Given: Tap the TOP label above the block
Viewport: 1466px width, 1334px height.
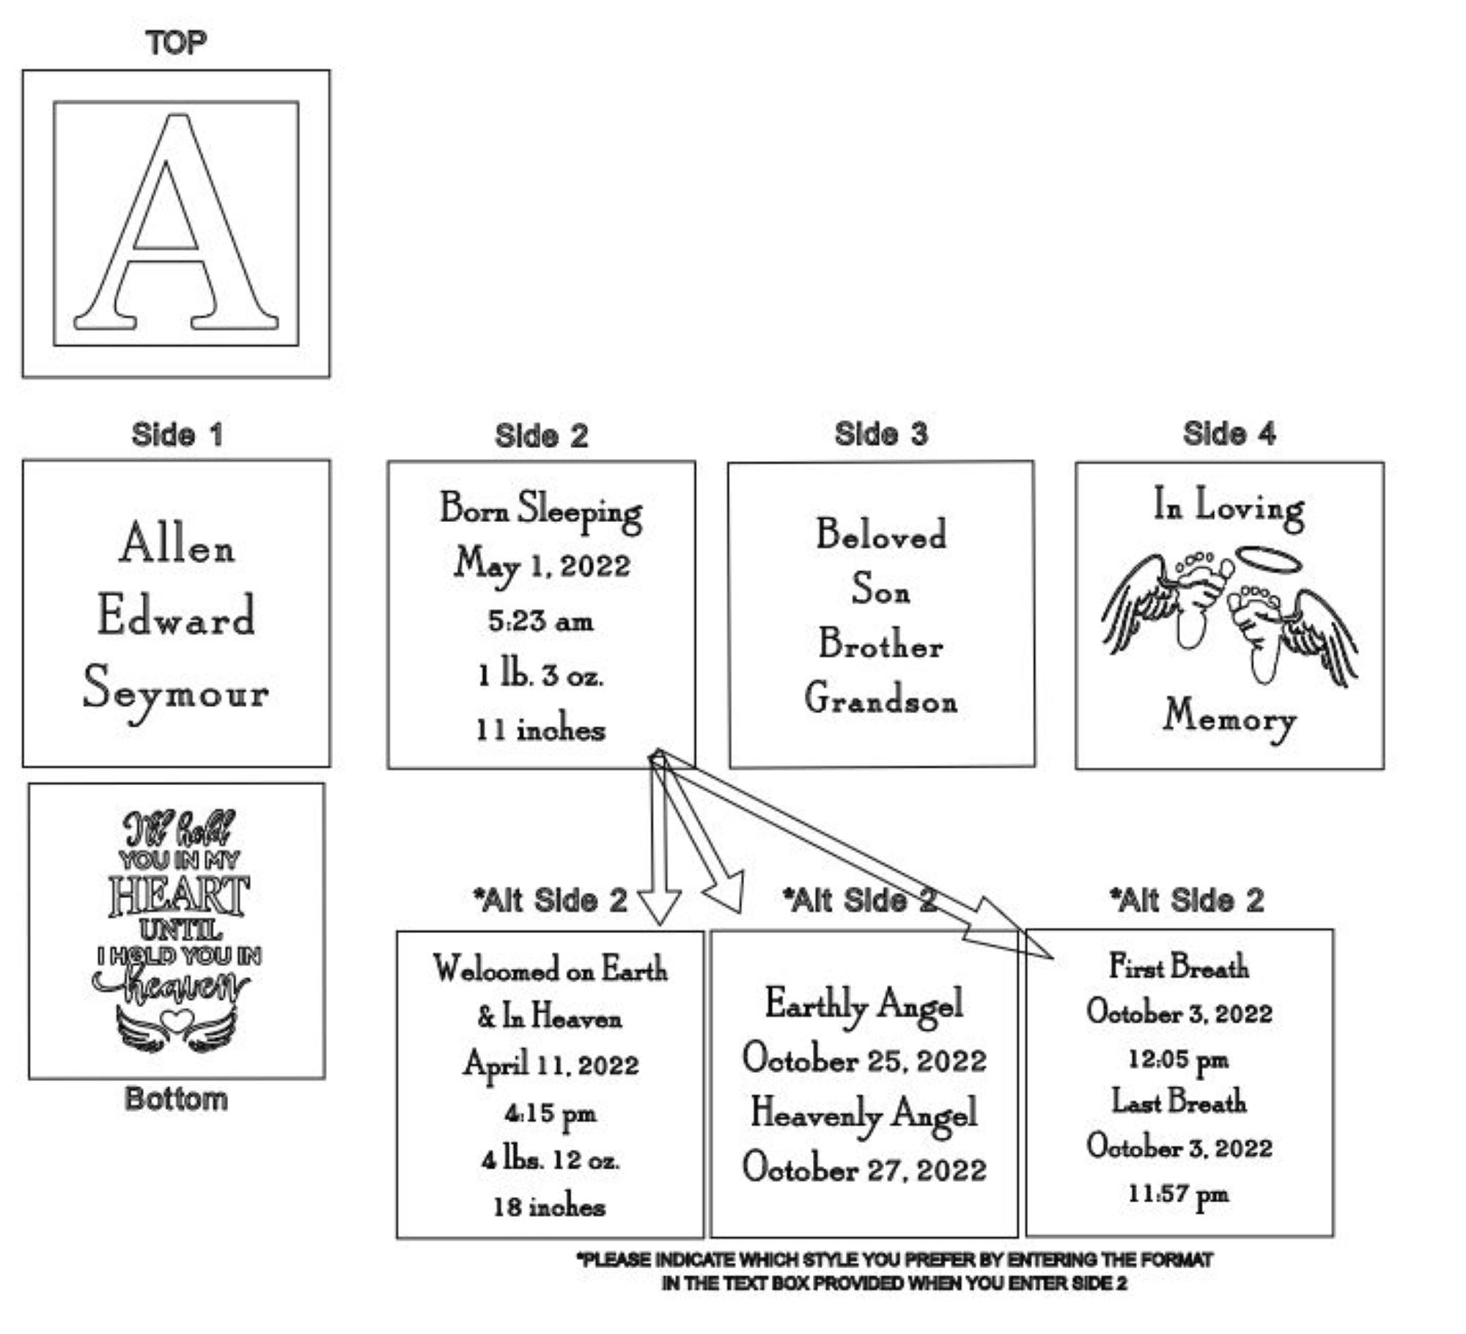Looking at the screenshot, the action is [176, 43].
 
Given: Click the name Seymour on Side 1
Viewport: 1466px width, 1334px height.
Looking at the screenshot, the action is [176, 692].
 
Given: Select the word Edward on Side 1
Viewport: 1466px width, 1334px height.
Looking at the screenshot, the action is [176, 616].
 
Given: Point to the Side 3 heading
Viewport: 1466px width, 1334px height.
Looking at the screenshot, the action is [881, 434].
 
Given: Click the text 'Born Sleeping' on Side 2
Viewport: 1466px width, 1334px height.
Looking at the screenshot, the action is [541, 510].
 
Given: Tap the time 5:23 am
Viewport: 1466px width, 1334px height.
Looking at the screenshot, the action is [541, 622].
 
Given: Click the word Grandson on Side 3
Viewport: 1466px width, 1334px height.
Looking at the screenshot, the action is [881, 699].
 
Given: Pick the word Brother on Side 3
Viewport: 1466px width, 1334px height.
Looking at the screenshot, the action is [881, 644].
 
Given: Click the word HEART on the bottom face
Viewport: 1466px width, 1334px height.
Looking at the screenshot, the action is [179, 896].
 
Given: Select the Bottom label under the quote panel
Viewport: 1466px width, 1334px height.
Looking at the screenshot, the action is [176, 1099].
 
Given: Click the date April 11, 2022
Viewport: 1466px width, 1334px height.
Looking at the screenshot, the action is [550, 1065].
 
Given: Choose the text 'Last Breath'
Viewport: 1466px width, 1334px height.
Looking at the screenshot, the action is [1179, 1102].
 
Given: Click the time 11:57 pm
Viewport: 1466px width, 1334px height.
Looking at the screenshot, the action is [1179, 1194].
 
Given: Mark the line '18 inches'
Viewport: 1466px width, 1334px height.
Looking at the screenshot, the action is [550, 1206].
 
